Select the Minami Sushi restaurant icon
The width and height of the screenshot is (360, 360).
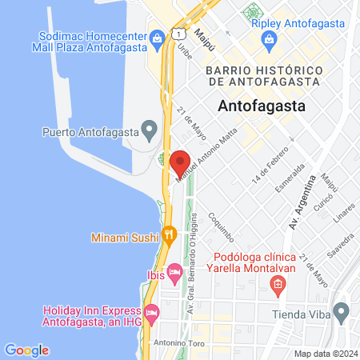(x=169, y=235)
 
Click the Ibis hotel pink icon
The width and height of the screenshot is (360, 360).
(x=174, y=275)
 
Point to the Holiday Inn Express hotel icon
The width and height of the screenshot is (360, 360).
(x=153, y=311)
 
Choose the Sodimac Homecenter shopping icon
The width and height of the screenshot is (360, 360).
(x=158, y=38)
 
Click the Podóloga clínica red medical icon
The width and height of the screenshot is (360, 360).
(x=277, y=283)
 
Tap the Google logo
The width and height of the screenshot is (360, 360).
(x=26, y=350)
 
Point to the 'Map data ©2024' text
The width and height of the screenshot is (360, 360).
(x=325, y=353)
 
